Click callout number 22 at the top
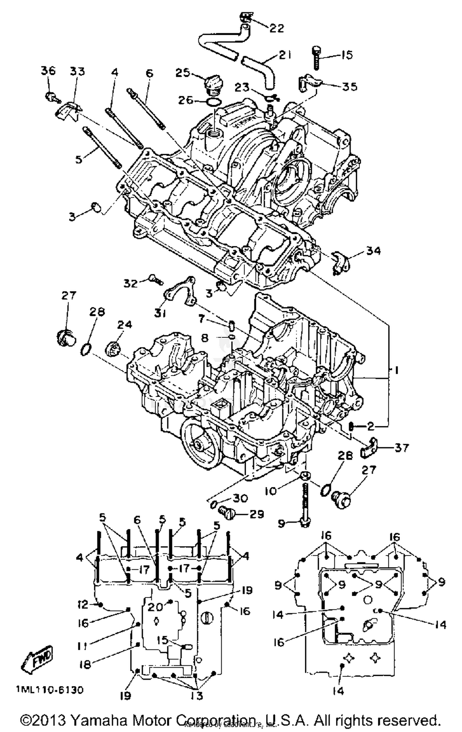click(x=276, y=28)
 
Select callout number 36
click(x=48, y=71)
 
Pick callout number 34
click(x=373, y=251)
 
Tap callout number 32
click(x=131, y=283)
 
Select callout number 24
click(x=124, y=324)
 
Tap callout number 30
click(x=240, y=498)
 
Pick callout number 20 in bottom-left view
click(x=155, y=607)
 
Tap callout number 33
click(x=77, y=71)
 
